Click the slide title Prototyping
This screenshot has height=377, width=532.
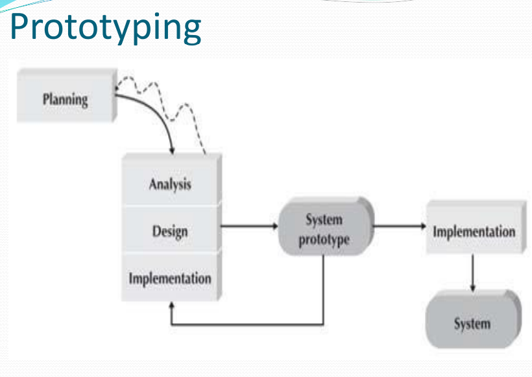pos(106,27)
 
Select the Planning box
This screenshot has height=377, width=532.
pos(65,99)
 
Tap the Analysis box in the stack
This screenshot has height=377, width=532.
pos(171,184)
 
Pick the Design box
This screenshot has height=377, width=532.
pos(171,230)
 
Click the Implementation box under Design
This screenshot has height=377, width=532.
pos(170,278)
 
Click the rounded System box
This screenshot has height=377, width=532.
pos(472,323)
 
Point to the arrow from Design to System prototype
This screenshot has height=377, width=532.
pos(249,227)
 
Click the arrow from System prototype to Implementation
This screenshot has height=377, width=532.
pos(399,227)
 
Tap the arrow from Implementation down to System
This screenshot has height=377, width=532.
pos(472,273)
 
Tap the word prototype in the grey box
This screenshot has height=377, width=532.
pos(324,239)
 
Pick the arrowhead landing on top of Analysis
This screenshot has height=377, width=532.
pos(172,151)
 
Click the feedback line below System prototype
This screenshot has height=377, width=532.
pos(247,323)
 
